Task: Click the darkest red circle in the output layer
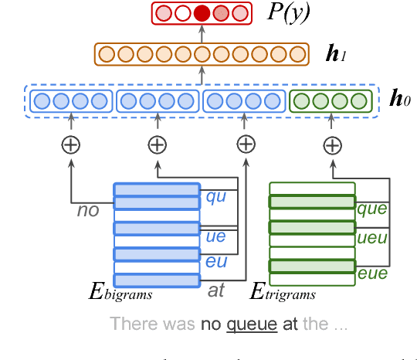coord(202,13)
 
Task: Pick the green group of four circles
coord(331,101)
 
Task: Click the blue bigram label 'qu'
coord(215,196)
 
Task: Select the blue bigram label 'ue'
coord(215,236)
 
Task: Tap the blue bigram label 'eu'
coord(215,262)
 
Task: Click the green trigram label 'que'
coord(371,208)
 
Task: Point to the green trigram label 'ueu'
coord(371,238)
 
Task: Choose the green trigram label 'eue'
coord(371,273)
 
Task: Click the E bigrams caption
coord(120,293)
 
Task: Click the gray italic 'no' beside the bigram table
coord(88,209)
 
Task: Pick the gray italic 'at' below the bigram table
coord(216,291)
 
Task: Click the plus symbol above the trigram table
coord(332,144)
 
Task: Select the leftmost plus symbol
coord(71,144)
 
